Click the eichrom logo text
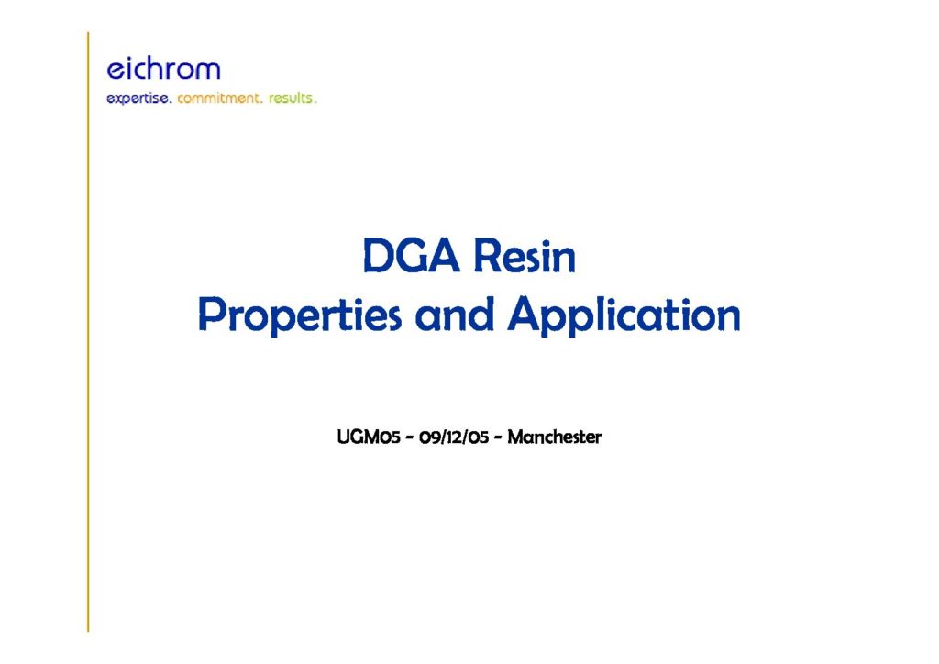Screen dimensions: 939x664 (163, 69)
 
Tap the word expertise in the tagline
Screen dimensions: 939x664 (139, 98)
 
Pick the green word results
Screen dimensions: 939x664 (293, 97)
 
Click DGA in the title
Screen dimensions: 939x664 (411, 256)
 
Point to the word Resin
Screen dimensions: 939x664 (525, 256)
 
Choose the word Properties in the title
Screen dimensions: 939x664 (300, 315)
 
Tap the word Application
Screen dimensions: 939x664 (624, 315)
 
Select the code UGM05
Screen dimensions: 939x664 (369, 437)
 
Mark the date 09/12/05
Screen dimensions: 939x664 (454, 437)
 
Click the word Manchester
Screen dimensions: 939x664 (555, 437)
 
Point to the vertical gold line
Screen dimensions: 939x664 (88, 332)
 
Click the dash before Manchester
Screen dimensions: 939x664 (498, 438)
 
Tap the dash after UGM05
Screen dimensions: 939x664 (410, 438)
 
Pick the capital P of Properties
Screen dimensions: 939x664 (212, 315)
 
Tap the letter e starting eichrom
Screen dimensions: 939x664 (115, 71)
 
